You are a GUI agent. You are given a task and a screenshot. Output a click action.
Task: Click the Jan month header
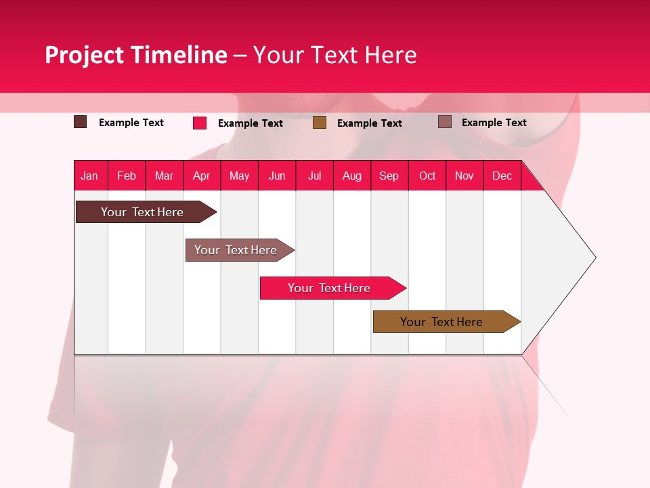(89, 176)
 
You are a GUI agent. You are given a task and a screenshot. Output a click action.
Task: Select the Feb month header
(127, 176)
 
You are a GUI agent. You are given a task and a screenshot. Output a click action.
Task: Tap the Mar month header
(164, 176)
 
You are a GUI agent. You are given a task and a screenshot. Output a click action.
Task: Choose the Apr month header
(202, 176)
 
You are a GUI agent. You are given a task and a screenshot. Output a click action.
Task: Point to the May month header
(239, 176)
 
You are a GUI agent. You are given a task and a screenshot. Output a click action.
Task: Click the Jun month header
(277, 176)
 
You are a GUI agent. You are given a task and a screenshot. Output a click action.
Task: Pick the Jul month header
(314, 176)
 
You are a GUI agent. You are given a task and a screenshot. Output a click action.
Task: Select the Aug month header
(352, 176)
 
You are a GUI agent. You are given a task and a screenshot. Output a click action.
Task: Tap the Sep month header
(389, 176)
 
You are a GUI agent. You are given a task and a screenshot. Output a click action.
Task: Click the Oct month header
(427, 176)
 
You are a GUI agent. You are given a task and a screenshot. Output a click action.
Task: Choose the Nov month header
(464, 176)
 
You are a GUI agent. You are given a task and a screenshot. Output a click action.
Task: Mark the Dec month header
(502, 176)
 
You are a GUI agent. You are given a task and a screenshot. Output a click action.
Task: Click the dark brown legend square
(81, 122)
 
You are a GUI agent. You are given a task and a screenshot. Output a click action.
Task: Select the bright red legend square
(200, 123)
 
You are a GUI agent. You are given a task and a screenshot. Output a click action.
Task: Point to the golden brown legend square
(320, 123)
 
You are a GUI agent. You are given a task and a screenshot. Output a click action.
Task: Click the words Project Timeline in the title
(135, 55)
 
